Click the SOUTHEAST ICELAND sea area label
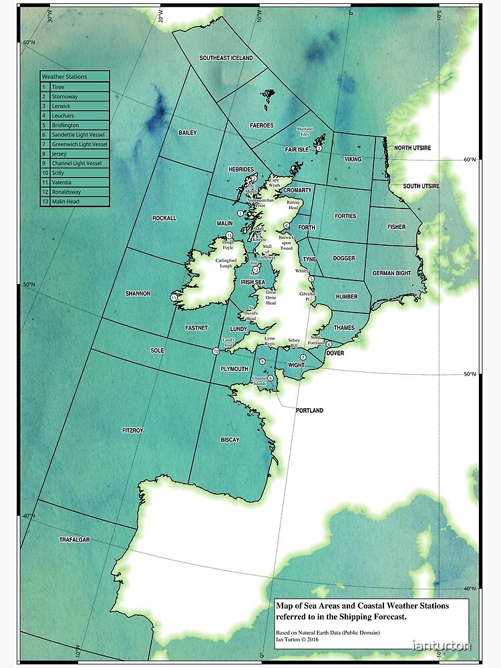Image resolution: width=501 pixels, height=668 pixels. pyautogui.click(x=226, y=58)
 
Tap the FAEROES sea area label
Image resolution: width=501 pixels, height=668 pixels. pyautogui.click(x=261, y=126)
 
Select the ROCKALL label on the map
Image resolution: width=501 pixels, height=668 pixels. pyautogui.click(x=164, y=218)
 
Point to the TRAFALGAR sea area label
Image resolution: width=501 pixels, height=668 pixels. pyautogui.click(x=74, y=539)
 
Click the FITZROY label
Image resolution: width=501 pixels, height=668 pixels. pyautogui.click(x=132, y=431)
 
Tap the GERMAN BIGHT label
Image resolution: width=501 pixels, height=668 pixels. pyautogui.click(x=392, y=273)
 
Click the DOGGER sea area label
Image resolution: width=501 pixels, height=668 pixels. pyautogui.click(x=344, y=258)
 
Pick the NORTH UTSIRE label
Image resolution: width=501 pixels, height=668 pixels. pyautogui.click(x=412, y=147)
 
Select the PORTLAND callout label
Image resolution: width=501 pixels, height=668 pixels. pyautogui.click(x=309, y=410)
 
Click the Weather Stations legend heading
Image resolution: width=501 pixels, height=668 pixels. pyautogui.click(x=65, y=77)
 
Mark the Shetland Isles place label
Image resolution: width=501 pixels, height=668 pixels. pyautogui.click(x=305, y=132)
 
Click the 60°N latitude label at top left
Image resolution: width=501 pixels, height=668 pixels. pyautogui.click(x=29, y=43)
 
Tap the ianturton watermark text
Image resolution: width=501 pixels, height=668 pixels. pyautogui.click(x=442, y=645)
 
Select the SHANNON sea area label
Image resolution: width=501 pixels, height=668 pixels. pyautogui.click(x=138, y=293)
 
